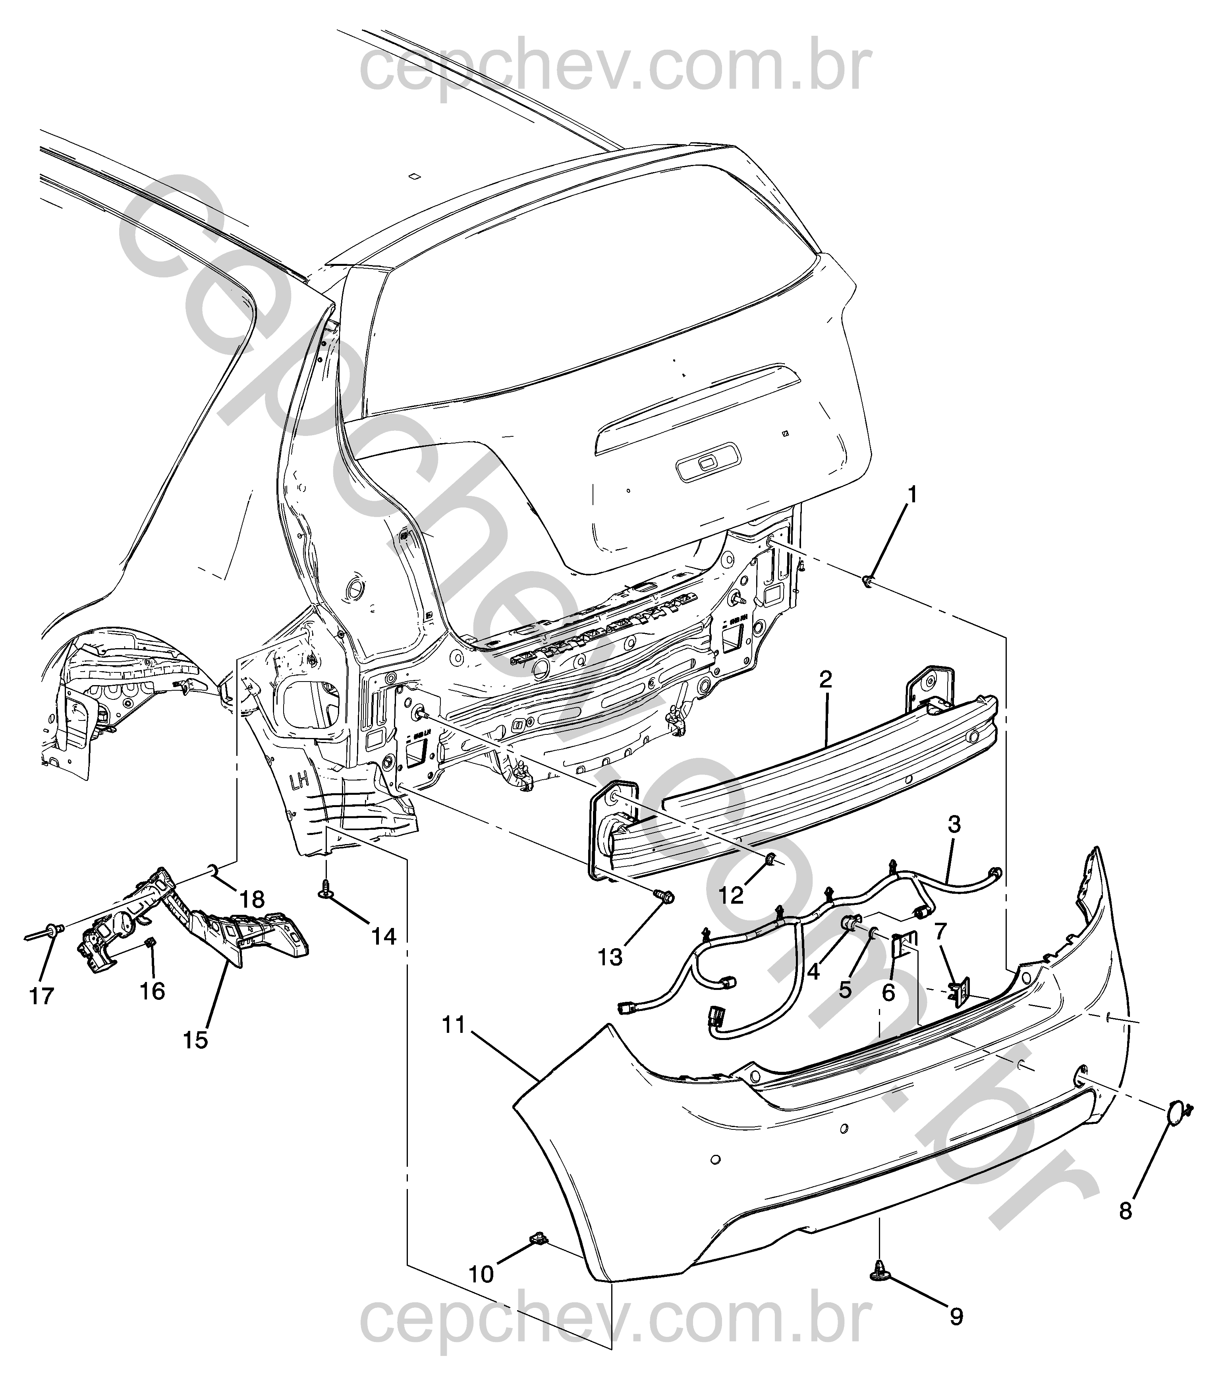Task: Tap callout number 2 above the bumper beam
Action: coord(826,680)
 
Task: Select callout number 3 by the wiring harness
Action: coord(954,825)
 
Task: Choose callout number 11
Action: coord(454,1044)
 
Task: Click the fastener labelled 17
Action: coord(54,932)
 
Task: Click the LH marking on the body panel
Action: coord(299,782)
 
